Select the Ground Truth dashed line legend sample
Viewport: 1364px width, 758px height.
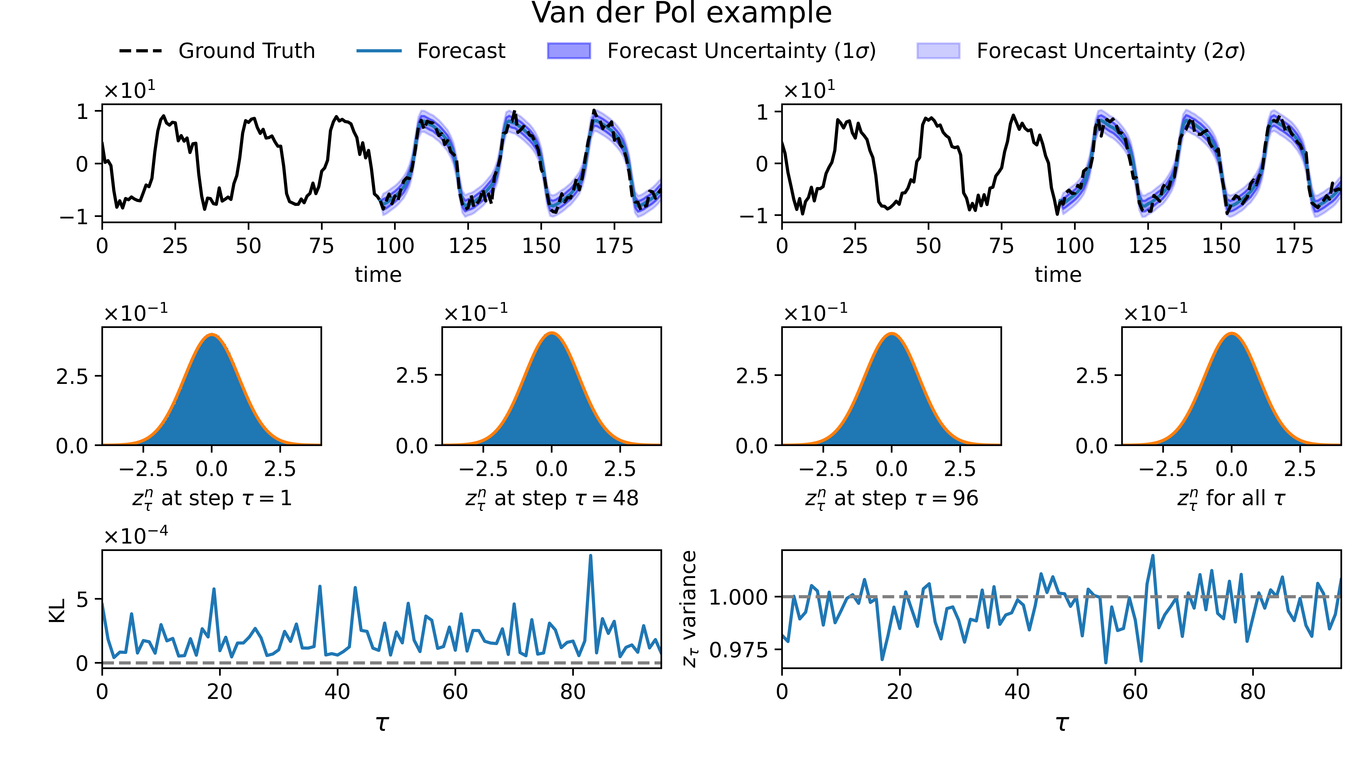[141, 51]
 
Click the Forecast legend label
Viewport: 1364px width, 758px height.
[461, 51]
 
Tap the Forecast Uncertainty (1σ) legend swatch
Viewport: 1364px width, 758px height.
[569, 51]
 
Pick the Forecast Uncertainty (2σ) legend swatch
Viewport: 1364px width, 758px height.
[938, 51]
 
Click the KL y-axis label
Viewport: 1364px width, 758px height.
[57, 610]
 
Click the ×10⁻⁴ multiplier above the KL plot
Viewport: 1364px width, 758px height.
[136, 536]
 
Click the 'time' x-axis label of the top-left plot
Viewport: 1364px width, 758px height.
[378, 274]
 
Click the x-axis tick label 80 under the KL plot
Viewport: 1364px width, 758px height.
[572, 692]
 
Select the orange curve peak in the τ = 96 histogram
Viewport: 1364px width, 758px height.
[892, 334]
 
